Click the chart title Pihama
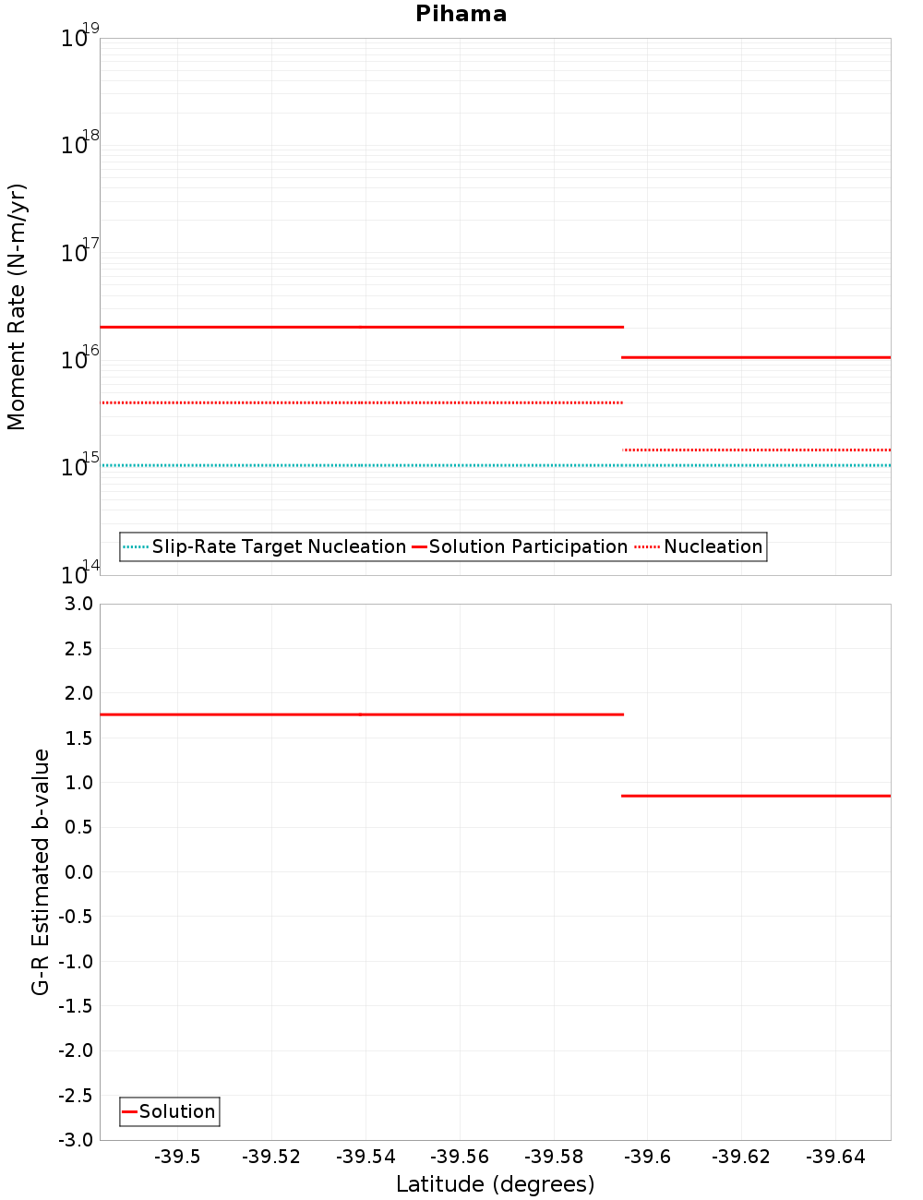461,14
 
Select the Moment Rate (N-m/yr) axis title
17,306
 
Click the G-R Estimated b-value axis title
41,871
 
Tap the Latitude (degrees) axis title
495,1184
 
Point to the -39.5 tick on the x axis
177,1158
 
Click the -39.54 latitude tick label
366,1158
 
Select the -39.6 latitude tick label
647,1158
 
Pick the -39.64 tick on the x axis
834,1158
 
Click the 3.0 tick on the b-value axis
78,604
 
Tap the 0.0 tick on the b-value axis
78,872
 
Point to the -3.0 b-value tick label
76,1140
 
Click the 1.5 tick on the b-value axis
78,738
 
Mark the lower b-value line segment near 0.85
757,796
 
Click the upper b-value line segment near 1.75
360,714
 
